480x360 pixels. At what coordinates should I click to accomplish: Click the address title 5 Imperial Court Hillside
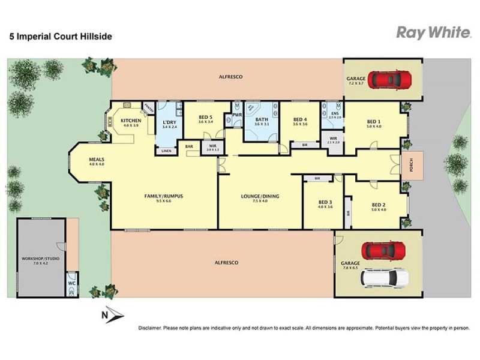[60, 36]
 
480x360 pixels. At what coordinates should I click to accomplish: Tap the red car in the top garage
[389, 79]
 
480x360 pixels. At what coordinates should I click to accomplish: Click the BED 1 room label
[374, 121]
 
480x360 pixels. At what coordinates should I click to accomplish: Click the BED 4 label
[300, 118]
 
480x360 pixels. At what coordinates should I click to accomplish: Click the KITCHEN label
[131, 121]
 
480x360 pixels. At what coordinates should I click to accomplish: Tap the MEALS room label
[97, 160]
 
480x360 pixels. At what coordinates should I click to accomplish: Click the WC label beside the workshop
[71, 282]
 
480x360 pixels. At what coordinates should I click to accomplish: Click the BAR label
[188, 146]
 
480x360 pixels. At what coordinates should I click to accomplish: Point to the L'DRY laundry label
[169, 122]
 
